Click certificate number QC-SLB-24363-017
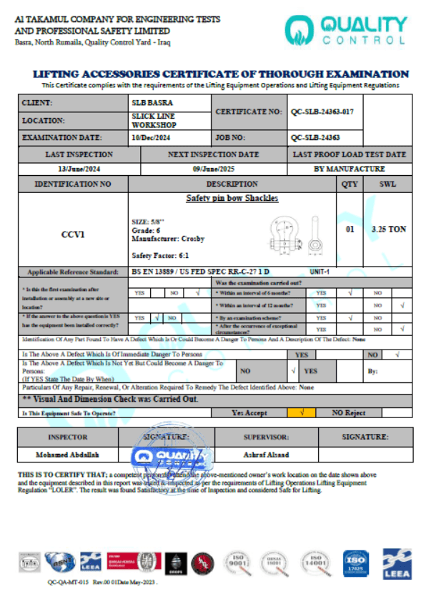(x=322, y=112)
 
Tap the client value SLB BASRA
(x=152, y=103)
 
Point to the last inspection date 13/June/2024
(x=79, y=169)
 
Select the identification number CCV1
(x=74, y=234)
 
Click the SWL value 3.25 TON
(x=389, y=229)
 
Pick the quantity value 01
(x=350, y=229)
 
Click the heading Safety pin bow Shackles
(x=232, y=198)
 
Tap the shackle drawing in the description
(x=291, y=234)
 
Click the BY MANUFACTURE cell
(x=350, y=169)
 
